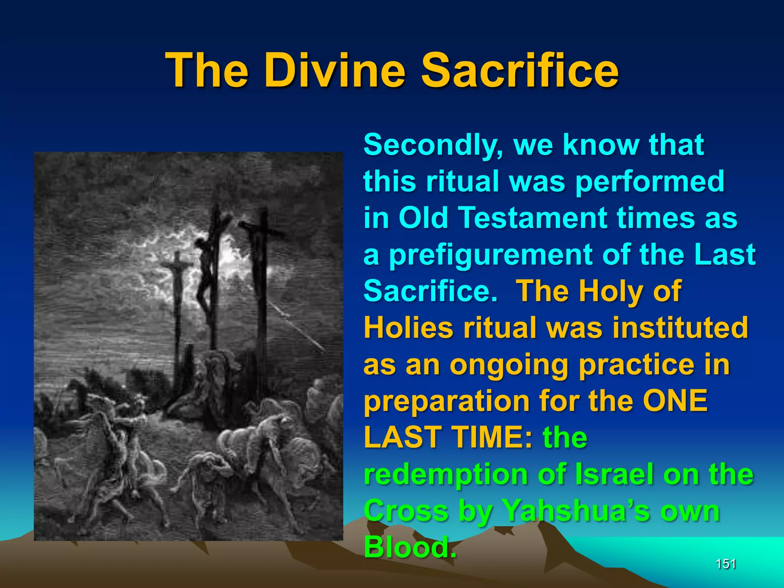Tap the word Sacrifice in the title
(519, 71)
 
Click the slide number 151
(725, 564)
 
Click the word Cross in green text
(406, 511)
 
